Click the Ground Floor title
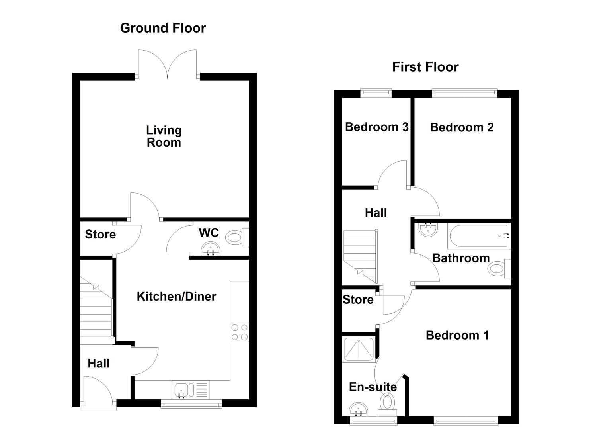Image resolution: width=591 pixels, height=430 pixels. (163, 28)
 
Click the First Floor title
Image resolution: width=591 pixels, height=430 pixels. (425, 67)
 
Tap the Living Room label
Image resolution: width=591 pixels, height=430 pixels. (164, 136)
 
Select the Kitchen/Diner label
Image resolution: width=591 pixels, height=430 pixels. (176, 296)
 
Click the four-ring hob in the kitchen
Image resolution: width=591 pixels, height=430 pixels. (239, 332)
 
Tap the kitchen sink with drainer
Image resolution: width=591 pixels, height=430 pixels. (191, 389)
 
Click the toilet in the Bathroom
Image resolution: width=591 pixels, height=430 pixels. (497, 269)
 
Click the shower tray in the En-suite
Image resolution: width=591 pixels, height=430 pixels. (359, 350)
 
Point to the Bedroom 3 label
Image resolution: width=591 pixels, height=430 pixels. (376, 127)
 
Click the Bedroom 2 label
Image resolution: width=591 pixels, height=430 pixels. (462, 127)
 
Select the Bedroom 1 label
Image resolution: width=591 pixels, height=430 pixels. (457, 335)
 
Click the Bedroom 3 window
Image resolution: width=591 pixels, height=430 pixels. (376, 93)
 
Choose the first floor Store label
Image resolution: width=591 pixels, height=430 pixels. (358, 299)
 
